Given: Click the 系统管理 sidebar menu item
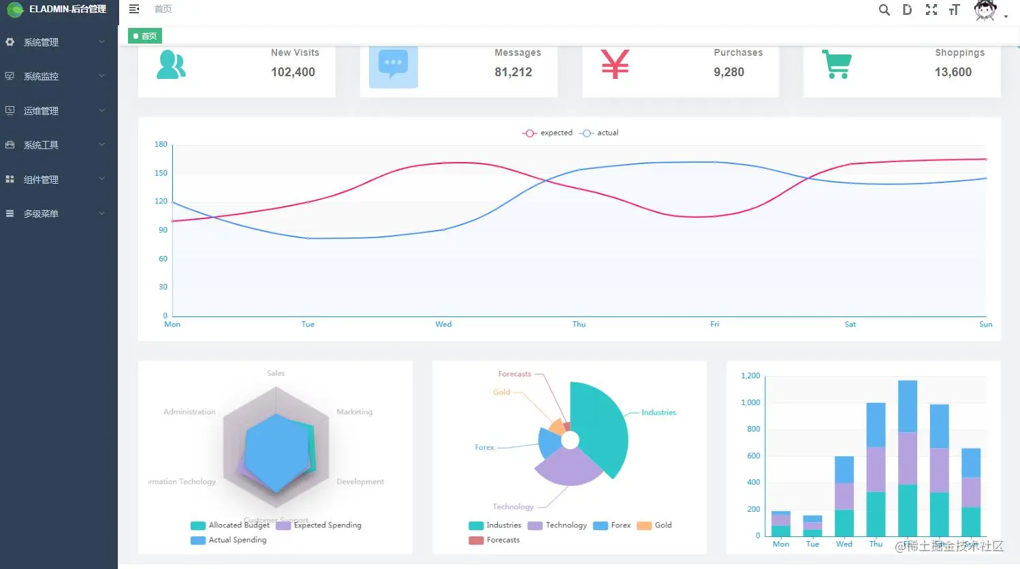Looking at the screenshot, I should (x=41, y=42).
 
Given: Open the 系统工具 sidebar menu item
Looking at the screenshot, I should (x=41, y=145).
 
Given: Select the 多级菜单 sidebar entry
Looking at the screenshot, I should (x=41, y=214).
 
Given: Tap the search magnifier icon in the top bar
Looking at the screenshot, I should (x=884, y=10).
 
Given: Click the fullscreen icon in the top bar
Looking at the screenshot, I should (x=931, y=10).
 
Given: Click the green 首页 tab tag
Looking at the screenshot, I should (x=145, y=36).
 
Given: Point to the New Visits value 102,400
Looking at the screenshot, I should (x=293, y=72).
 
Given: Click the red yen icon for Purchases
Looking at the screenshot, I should (x=615, y=65).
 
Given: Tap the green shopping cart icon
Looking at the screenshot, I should (x=836, y=65).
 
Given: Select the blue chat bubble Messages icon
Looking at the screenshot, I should (x=393, y=65).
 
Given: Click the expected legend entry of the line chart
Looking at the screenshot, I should (x=549, y=133).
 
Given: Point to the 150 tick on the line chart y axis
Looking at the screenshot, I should (x=161, y=173).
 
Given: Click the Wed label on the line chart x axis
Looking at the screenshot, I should (x=443, y=325).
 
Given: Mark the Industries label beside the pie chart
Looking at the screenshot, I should (x=658, y=412).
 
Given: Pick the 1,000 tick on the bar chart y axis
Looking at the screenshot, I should (x=750, y=402).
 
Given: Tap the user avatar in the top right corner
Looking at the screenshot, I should (x=985, y=10).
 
